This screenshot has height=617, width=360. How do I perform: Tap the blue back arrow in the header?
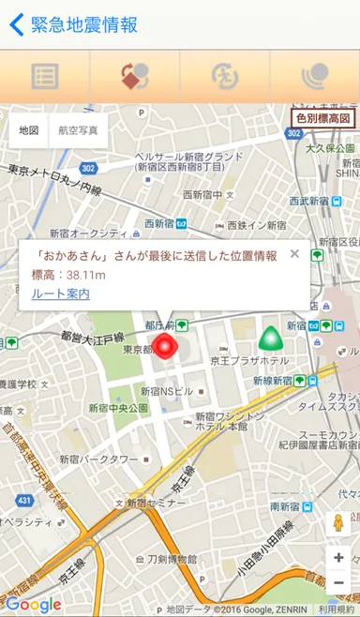point(16,24)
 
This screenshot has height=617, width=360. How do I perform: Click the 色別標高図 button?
point(322,118)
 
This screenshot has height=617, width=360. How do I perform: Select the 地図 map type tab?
point(29,130)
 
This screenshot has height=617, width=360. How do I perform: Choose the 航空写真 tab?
point(77,130)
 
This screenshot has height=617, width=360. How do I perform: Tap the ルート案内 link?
point(60,293)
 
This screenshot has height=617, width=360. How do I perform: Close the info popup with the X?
point(294,254)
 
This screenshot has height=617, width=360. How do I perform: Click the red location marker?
point(166,346)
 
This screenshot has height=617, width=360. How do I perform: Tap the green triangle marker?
point(270,337)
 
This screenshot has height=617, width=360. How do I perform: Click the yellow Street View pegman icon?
point(337,523)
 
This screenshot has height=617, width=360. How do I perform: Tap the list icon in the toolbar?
point(44,76)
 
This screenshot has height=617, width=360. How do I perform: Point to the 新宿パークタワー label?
point(98,459)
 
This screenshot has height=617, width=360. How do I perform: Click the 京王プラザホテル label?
point(249,361)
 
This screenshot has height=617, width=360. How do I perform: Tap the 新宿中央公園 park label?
point(118,409)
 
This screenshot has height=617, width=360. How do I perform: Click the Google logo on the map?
point(33,605)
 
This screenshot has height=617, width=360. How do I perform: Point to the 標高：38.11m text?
point(68,275)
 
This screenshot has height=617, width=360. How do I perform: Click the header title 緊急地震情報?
point(84,24)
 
